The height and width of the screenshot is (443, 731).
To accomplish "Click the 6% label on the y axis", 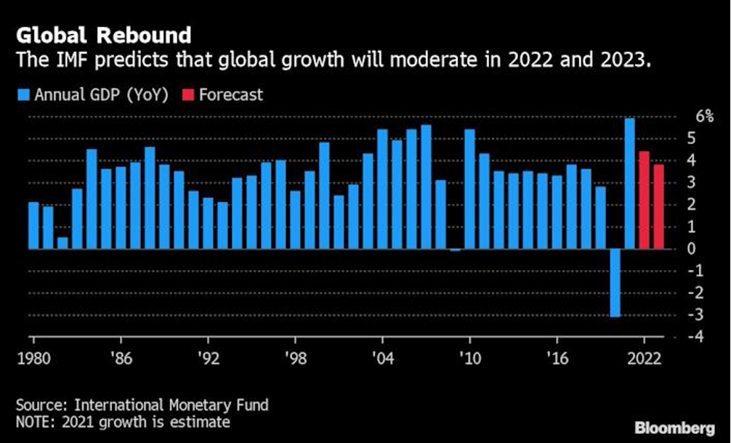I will tap(705, 116).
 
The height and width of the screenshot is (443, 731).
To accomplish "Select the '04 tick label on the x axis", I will tap(382, 358).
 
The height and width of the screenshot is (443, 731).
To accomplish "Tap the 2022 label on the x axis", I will tap(644, 358).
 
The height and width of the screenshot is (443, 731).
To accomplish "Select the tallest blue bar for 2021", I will tap(629, 183).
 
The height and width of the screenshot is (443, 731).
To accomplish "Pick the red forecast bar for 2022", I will tap(644, 200).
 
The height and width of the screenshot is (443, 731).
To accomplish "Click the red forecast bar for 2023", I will tap(658, 206).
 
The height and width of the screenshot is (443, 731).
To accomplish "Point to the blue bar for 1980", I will tap(33, 225).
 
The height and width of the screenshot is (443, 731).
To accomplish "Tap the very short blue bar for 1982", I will tap(62, 243).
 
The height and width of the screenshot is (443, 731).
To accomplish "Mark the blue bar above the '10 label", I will tap(469, 189).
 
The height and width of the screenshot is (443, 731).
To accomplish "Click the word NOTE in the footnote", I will tap(33, 421).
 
